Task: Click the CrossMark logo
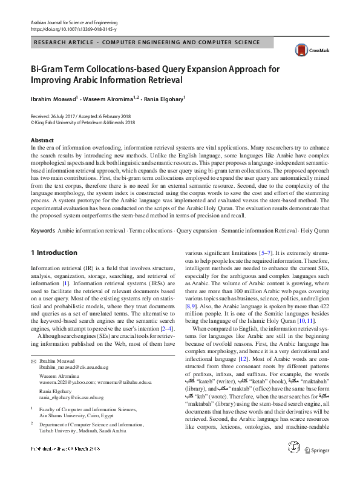tap(306, 52)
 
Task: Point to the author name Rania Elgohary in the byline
tap(162, 97)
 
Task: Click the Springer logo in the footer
tap(318, 466)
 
